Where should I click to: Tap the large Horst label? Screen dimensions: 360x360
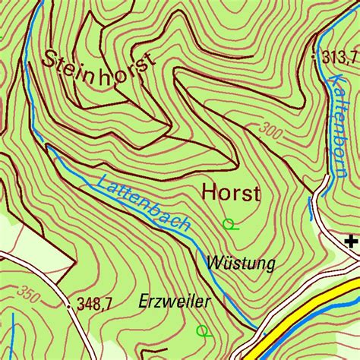pos(231,193)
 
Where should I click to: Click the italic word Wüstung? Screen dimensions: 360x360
pos(240,263)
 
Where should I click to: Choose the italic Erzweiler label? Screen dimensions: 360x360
pos(174,302)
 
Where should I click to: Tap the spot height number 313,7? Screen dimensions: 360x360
pos(339,58)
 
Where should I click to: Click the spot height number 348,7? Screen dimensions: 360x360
pos(95,304)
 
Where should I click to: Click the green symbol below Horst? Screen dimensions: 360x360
pos(229,223)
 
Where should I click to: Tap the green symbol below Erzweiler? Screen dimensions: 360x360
pos(202,330)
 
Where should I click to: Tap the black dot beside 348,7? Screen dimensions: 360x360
pos(70,305)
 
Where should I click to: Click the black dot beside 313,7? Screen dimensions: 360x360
pos(314,58)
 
